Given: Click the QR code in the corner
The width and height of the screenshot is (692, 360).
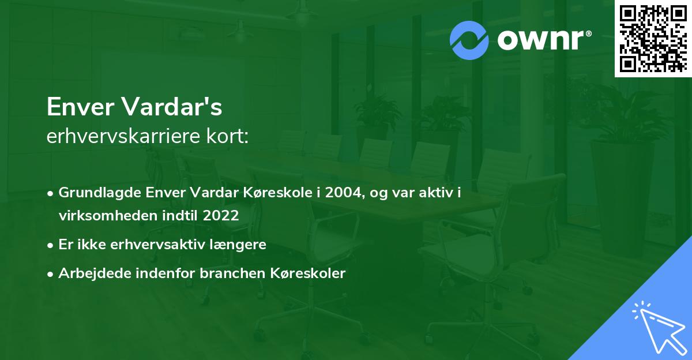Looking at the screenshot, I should (x=653, y=39).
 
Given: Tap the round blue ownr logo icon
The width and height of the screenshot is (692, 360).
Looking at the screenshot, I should (x=469, y=40).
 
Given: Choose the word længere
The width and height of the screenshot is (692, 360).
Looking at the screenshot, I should (x=240, y=245).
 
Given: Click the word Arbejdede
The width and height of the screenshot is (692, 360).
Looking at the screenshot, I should (x=89, y=273).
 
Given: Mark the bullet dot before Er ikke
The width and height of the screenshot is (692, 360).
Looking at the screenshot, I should (x=51, y=245).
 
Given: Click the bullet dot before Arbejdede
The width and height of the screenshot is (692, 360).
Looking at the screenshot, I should (x=51, y=273).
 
